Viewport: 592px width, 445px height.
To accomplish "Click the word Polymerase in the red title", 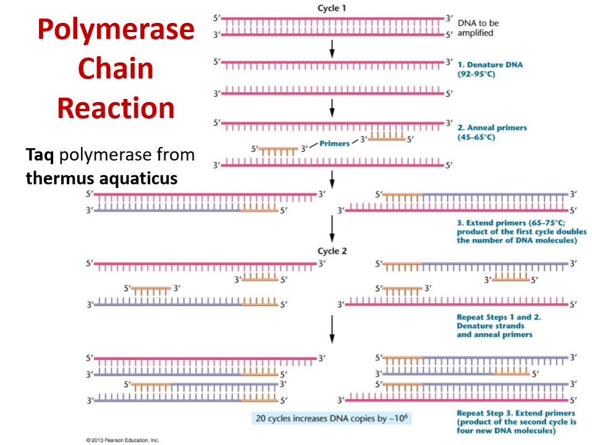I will [x=116, y=30].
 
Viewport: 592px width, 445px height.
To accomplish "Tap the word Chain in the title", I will [x=116, y=69].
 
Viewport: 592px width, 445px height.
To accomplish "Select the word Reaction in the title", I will [x=116, y=108].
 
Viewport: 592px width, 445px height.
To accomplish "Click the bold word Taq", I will [x=40, y=156].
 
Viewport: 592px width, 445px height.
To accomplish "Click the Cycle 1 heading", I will [x=332, y=7].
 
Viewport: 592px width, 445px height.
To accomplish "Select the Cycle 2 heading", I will [x=332, y=251].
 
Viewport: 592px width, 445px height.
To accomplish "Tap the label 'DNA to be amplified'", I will [x=478, y=28].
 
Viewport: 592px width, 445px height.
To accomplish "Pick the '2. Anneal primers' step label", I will [x=493, y=128].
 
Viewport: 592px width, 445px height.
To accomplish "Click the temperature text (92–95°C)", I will [x=476, y=74].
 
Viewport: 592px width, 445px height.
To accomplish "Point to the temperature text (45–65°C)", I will [x=476, y=137].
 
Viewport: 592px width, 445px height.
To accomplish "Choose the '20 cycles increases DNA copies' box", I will [x=332, y=418].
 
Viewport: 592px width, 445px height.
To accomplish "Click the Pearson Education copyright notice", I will [x=124, y=440].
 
